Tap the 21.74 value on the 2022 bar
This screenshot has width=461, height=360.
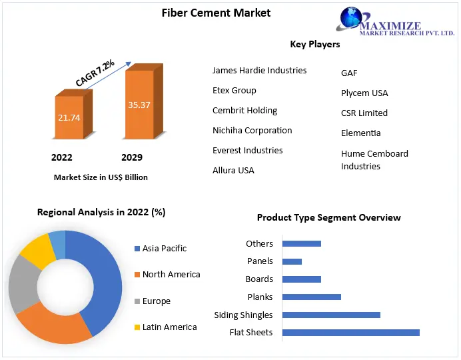[x=69, y=117]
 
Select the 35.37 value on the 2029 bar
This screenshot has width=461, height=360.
[x=139, y=105]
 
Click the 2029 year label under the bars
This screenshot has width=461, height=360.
[x=131, y=158]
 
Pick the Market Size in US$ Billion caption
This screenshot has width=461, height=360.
[x=101, y=177]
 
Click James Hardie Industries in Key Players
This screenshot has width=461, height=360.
[x=259, y=70]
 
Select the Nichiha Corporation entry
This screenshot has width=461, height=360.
[x=252, y=130]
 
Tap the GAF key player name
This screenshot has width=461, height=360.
[x=349, y=73]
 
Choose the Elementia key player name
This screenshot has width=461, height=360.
[x=360, y=133]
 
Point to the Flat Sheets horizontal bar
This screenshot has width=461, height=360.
[x=350, y=332]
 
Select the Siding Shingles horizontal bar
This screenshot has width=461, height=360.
[x=331, y=315]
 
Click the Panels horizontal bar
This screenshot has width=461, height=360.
[x=292, y=261]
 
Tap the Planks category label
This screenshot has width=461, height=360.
[x=260, y=297]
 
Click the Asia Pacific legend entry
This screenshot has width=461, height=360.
[x=164, y=248]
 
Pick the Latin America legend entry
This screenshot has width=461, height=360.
[x=169, y=327]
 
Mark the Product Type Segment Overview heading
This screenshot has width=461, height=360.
[x=328, y=217]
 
